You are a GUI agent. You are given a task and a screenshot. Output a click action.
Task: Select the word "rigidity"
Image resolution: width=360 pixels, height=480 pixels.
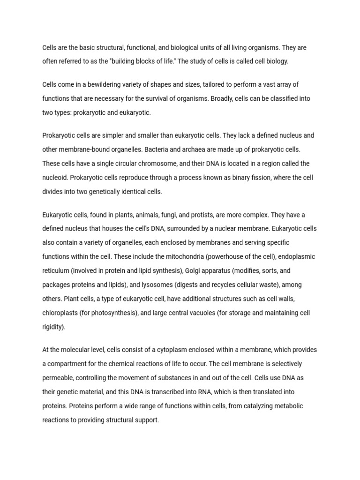(x=53, y=327)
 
